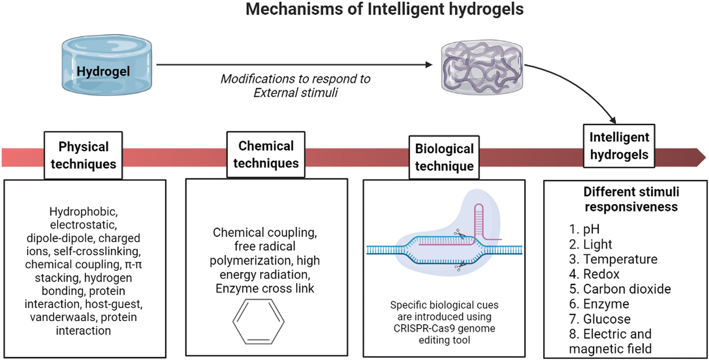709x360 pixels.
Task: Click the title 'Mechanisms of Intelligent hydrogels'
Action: point(384,9)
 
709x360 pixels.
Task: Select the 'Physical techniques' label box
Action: point(83,155)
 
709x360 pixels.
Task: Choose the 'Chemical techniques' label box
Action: point(266,154)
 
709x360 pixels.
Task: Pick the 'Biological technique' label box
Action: point(444,158)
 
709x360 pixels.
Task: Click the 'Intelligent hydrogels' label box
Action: point(619,146)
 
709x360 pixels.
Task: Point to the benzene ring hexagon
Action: point(258,322)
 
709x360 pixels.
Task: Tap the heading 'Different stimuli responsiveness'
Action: point(631,199)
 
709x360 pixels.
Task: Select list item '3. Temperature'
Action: point(613,259)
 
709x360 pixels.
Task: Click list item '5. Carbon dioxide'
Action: point(620,289)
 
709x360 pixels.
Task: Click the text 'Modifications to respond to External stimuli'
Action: point(295,85)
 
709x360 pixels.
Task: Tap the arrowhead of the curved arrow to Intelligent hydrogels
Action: point(613,120)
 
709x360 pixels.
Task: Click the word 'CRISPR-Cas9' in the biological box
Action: point(419,328)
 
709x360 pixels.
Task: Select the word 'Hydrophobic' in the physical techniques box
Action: point(83,212)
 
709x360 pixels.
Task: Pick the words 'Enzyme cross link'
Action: point(265,289)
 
